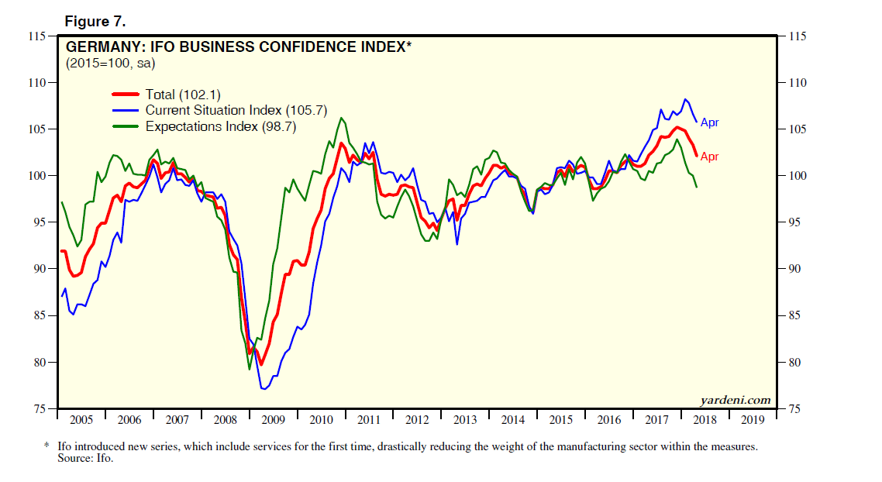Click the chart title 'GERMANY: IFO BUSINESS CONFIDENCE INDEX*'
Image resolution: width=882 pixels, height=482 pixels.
[x=238, y=47]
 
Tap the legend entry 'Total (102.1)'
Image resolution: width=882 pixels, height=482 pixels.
[x=183, y=95]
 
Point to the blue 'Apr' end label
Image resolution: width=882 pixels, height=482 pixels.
[x=710, y=123]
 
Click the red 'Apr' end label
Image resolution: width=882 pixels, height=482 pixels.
[x=710, y=157]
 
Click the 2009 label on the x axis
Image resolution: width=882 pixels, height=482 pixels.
[x=273, y=421]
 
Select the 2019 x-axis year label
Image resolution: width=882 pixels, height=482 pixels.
[x=752, y=421]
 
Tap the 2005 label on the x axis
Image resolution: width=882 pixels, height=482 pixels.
[x=81, y=421]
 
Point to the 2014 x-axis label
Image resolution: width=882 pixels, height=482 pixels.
[x=512, y=421]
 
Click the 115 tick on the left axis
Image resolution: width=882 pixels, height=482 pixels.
[x=36, y=36]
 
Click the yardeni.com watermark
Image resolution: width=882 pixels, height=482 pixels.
[x=735, y=401]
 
